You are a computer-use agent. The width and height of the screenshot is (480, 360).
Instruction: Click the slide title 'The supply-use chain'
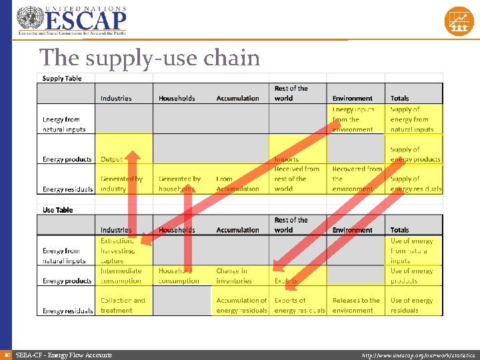click(149, 58)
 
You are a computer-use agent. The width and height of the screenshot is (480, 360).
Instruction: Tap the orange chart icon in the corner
click(459, 21)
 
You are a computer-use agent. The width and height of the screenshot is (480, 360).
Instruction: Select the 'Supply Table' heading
click(62, 78)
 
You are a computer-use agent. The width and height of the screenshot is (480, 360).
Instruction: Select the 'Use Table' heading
click(58, 210)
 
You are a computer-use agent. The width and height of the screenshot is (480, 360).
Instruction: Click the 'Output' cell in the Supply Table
click(112, 159)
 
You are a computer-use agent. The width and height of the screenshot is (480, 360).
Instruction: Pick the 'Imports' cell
click(286, 159)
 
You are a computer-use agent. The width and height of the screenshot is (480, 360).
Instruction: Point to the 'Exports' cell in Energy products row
click(286, 281)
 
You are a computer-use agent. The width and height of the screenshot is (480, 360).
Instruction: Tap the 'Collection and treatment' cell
click(123, 305)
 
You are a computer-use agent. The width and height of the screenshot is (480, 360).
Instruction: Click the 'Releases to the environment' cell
click(355, 305)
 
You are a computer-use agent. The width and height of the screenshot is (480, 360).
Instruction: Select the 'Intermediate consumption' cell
click(121, 275)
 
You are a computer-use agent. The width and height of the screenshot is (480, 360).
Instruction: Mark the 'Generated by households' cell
click(179, 183)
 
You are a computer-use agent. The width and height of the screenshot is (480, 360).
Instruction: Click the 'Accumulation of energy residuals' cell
click(241, 305)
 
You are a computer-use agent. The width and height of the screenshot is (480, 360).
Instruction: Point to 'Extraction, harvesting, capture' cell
click(119, 251)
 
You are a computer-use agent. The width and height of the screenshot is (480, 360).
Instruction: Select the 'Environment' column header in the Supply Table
click(353, 98)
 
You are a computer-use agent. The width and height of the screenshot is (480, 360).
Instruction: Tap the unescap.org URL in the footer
click(417, 355)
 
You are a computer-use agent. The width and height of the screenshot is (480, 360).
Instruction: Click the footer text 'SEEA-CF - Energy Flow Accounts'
click(64, 355)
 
